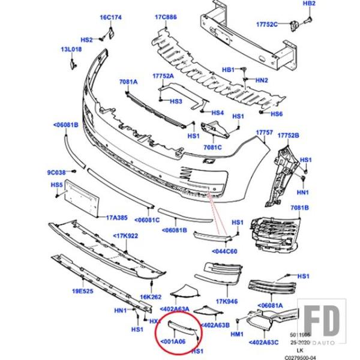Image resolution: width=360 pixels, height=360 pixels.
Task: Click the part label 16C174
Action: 110,17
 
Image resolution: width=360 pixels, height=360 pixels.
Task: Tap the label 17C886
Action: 166,17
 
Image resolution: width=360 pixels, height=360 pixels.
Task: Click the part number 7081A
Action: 128,81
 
